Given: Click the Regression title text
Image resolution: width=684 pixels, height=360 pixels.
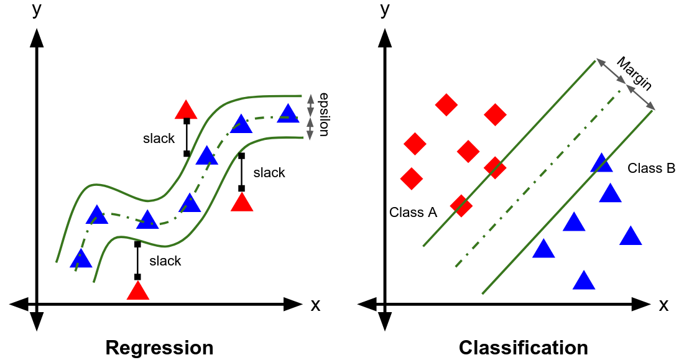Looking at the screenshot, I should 159,347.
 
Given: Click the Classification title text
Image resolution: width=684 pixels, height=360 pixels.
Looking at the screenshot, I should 523,347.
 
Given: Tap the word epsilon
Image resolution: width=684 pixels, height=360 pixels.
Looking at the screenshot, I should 323,114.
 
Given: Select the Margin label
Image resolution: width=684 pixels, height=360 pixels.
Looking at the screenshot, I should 634,73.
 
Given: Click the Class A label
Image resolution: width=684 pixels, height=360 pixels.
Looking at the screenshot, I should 413,212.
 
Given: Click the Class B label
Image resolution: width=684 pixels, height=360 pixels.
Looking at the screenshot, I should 651,168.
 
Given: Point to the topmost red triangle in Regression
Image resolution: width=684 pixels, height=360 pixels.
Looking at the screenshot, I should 186,111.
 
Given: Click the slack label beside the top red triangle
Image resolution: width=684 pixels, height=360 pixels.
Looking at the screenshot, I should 159,139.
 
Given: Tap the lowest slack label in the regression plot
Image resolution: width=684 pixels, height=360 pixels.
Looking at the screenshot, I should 165,261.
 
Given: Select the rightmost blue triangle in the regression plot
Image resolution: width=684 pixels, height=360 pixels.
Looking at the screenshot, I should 288,114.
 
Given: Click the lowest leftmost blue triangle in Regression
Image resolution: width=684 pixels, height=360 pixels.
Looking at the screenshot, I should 81,259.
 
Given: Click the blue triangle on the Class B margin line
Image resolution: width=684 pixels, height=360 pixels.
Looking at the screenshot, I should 601,163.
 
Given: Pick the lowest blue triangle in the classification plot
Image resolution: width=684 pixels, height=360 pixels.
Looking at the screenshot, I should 583,281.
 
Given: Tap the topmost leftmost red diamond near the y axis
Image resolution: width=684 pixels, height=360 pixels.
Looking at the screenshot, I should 446,104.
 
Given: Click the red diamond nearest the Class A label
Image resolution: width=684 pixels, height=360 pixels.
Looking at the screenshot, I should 461,205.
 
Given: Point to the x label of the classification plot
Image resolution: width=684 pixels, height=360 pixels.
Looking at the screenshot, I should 663,305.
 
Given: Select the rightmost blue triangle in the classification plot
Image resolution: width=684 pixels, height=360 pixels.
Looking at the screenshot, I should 630,236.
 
